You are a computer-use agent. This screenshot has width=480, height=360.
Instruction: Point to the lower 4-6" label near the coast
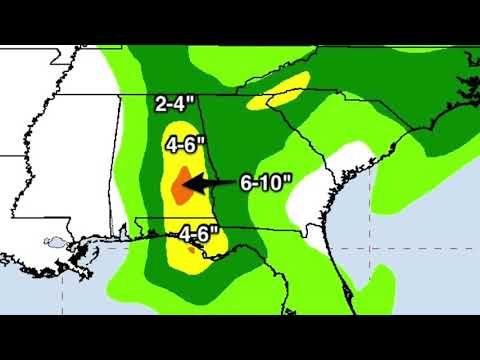click(199, 234)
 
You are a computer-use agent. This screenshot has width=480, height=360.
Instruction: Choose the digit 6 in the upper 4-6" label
click(197, 144)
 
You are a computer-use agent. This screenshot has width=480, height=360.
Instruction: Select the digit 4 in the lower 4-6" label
click(185, 234)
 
